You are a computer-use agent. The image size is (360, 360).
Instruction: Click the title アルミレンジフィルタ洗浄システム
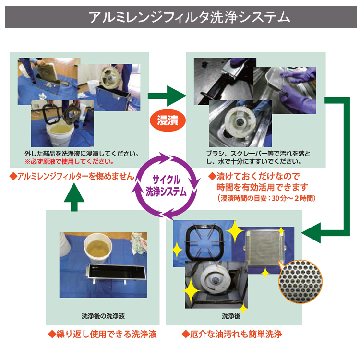(x=190, y=17)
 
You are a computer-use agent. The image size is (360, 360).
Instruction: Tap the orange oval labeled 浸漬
(x=168, y=120)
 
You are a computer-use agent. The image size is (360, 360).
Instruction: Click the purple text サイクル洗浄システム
(x=166, y=186)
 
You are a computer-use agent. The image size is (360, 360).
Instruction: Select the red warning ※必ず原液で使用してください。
(x=70, y=162)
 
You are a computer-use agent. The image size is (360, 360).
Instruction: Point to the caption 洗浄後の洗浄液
(x=103, y=316)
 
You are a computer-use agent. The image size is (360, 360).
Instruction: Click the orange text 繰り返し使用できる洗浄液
(x=102, y=334)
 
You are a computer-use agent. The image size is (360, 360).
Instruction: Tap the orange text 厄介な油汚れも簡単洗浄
(x=232, y=334)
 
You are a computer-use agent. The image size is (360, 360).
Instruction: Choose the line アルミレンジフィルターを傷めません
(x=72, y=176)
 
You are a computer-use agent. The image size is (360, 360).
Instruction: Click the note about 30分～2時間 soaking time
(x=266, y=198)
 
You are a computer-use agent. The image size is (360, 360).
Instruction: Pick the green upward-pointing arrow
(x=74, y=197)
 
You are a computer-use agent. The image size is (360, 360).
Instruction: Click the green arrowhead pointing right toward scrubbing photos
(x=176, y=96)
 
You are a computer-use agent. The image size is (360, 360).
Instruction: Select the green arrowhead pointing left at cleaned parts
(x=311, y=233)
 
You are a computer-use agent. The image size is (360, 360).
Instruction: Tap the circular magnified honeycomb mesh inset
(x=300, y=281)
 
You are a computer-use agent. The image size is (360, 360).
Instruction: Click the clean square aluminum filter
(x=264, y=248)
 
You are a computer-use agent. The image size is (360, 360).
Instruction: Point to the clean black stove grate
(x=204, y=242)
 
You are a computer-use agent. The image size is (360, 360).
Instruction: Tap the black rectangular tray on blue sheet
(x=117, y=273)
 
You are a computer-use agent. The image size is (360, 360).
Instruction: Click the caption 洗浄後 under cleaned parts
(x=231, y=316)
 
